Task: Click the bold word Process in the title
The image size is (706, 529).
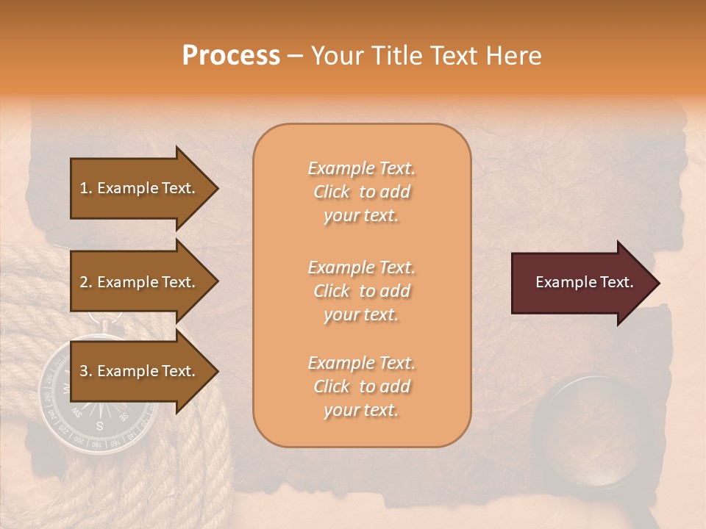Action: (x=231, y=56)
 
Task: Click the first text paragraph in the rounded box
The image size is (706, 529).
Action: (x=361, y=192)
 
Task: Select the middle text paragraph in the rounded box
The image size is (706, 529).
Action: (x=361, y=291)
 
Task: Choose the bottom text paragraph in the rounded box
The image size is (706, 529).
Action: (x=361, y=386)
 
